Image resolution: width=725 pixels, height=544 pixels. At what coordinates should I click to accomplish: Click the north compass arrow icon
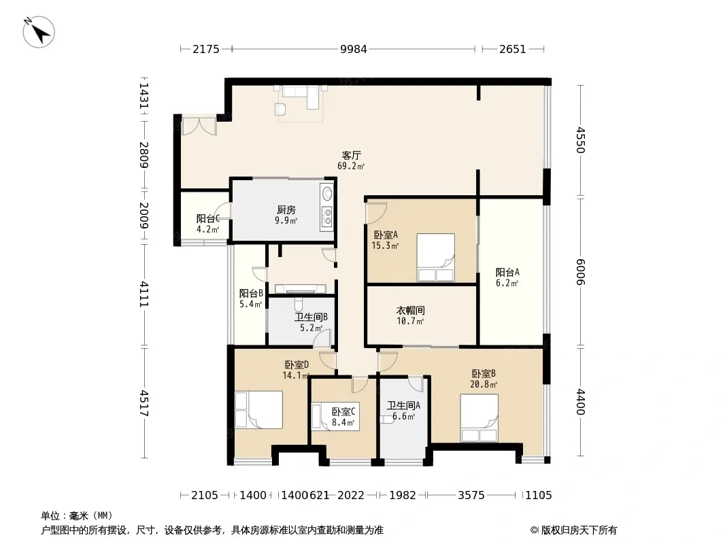[39, 32]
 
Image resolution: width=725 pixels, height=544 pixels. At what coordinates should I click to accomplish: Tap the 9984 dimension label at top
[353, 49]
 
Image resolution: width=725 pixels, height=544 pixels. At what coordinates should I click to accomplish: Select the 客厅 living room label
[352, 155]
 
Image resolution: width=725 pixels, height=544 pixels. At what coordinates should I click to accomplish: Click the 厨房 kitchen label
[286, 210]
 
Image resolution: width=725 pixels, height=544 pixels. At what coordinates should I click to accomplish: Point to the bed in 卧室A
[435, 258]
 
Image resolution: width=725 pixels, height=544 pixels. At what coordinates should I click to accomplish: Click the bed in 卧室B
[479, 418]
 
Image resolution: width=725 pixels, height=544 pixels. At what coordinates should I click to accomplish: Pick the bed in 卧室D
[258, 410]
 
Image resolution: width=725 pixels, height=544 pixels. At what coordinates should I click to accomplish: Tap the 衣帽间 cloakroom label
[411, 310]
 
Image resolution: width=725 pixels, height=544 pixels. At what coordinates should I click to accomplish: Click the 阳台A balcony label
[507, 272]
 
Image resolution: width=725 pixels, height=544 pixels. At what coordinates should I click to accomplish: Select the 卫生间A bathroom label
[404, 406]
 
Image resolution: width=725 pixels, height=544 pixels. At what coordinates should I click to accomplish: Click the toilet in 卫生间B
[299, 305]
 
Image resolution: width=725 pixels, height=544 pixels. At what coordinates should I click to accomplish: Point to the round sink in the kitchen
[327, 194]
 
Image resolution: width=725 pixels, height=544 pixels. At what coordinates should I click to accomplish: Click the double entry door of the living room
[199, 126]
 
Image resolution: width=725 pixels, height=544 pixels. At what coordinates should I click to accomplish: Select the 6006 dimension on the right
[581, 272]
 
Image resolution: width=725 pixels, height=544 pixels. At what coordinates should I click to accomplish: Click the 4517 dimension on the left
[144, 403]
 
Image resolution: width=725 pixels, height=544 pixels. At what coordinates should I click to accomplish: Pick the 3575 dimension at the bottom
[471, 496]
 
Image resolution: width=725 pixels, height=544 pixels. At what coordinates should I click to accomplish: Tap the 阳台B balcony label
[251, 294]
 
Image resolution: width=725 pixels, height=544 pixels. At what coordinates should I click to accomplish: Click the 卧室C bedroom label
[343, 411]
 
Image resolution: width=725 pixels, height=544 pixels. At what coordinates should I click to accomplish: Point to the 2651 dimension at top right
[512, 49]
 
